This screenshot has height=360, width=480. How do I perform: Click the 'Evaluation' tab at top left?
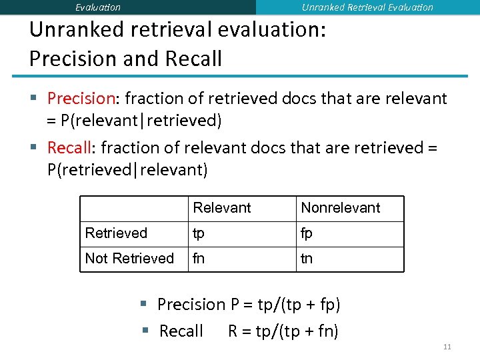(x=98, y=7)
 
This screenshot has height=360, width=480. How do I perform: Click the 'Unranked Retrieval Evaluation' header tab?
(x=367, y=7)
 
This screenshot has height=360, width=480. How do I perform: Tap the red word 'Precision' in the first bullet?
(x=81, y=99)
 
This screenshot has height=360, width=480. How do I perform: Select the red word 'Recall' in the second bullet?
(x=69, y=147)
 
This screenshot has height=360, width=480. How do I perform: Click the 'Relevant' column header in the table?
(x=222, y=208)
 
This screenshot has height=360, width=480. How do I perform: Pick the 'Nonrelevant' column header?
(x=341, y=208)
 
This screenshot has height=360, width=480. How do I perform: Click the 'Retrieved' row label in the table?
(x=116, y=233)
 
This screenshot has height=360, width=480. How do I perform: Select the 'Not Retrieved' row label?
(x=129, y=259)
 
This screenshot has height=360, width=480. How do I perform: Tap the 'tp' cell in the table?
(x=199, y=234)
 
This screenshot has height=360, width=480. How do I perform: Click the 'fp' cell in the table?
(x=307, y=234)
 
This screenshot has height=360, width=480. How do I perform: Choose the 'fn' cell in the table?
(x=199, y=259)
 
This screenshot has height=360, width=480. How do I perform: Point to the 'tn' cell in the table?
(x=307, y=259)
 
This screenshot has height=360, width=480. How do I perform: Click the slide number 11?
(x=447, y=347)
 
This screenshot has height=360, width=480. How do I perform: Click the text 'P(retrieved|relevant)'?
(x=127, y=170)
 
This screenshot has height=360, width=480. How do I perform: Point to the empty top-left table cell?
(x=133, y=208)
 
